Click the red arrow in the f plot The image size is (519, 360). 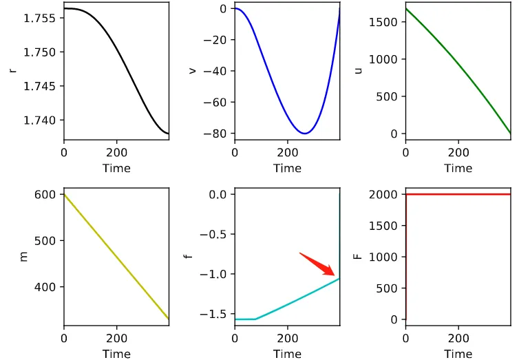[318, 265]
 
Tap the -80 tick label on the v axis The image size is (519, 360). [218, 134]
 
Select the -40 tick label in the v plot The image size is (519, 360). [218, 71]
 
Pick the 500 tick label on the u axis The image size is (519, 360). [388, 96]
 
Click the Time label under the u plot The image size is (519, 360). [458, 168]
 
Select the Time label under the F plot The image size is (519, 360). [458, 354]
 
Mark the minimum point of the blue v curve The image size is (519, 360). [305, 134]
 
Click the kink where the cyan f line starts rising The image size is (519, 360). [255, 319]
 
